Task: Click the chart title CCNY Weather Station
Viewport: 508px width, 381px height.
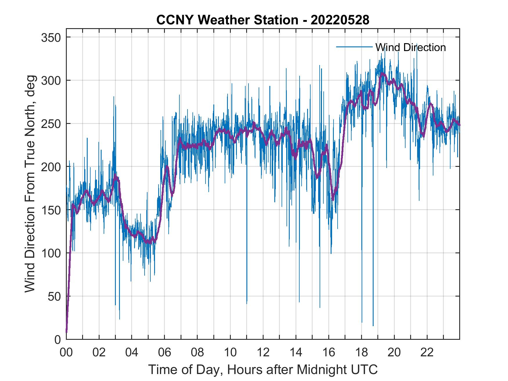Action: point(263,20)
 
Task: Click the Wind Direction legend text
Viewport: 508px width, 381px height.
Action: point(410,47)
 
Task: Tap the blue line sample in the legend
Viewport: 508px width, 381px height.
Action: point(354,47)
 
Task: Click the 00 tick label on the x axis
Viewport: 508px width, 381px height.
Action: point(66,353)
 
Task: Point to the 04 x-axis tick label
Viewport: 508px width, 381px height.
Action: point(132,353)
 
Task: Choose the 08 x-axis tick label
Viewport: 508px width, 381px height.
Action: point(197,353)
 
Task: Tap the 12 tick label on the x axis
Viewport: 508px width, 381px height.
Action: point(263,353)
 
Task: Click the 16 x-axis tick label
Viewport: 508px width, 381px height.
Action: point(329,353)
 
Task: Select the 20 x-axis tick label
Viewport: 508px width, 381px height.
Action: point(394,353)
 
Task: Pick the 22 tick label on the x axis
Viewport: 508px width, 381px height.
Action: point(427,353)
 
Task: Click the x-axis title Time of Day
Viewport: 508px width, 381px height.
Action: point(263,369)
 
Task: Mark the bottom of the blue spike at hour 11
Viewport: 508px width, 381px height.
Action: point(247,303)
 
